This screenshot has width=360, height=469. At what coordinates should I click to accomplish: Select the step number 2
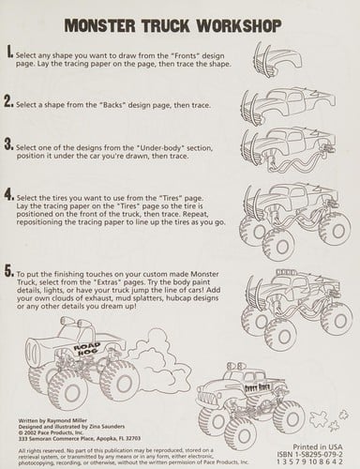pos(9,100)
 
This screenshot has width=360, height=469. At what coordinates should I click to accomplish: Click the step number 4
pos(9,195)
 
